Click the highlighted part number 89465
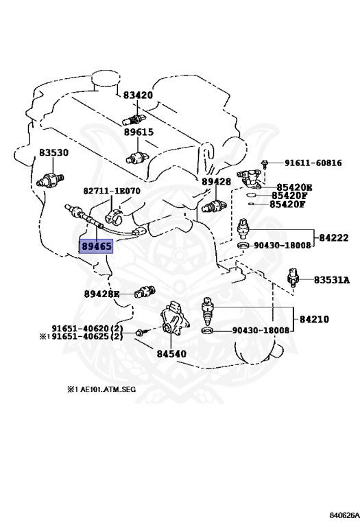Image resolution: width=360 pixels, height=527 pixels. coord(96,246)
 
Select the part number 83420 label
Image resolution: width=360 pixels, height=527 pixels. coord(138,95)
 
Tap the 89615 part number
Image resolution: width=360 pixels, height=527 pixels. coord(139,132)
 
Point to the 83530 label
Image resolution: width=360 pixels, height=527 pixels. coord(53,152)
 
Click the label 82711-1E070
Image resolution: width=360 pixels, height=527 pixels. coord(112,191)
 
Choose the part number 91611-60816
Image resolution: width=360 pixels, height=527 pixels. coord(313,163)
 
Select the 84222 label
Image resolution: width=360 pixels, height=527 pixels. coord(334,238)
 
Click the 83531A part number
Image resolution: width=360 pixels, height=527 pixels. coord(332,280)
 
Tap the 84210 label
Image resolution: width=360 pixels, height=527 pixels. coord(314,319)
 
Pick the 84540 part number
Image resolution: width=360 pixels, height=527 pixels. coord(171,353)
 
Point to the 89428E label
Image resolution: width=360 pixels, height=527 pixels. coord(101,294)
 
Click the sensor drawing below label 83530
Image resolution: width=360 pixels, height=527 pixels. coord(50,180)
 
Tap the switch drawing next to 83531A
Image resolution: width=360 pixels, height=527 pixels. coord(293,277)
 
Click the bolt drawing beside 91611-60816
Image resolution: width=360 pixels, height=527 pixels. coord(265,165)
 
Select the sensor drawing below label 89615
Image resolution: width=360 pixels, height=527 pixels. coord(138,157)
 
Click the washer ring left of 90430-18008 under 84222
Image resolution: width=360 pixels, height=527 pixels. coord(244,246)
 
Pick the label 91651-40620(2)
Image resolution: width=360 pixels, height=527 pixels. coord(87,329)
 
